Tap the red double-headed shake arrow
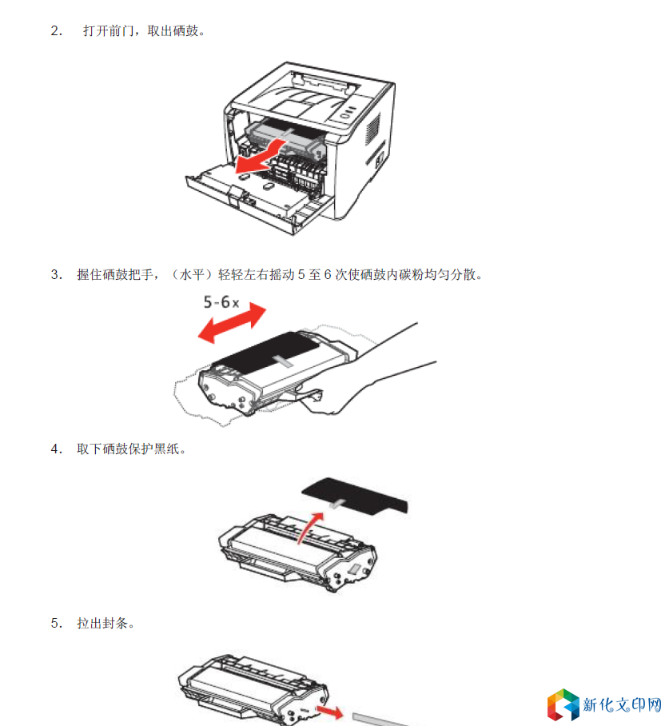tap(232, 323)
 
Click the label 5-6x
tap(221, 302)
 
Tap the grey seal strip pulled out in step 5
tap(377, 720)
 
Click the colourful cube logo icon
tap(563, 704)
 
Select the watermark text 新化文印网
tap(622, 704)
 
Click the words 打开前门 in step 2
tap(108, 31)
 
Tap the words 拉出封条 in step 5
tap(102, 623)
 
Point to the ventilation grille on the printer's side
tap(373, 128)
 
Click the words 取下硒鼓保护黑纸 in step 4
tap(128, 449)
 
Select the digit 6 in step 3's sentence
tap(328, 274)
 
